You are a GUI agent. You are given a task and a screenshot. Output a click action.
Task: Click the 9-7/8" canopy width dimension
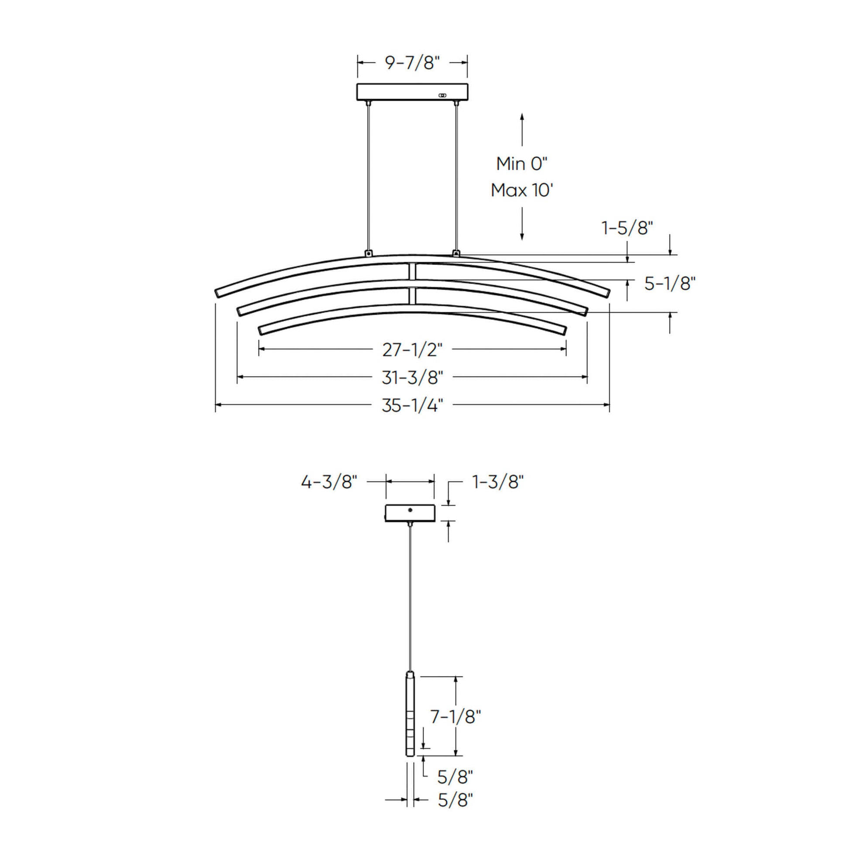coord(412,63)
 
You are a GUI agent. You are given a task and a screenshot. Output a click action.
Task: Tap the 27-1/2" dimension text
coord(412,350)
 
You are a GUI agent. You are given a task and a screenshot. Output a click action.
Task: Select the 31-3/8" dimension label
coord(412,377)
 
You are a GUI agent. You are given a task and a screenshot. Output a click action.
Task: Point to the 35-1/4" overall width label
coord(412,405)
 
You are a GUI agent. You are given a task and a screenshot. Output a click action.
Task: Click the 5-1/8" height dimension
coord(670,284)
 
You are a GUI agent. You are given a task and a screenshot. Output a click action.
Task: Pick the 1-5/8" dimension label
coord(627,228)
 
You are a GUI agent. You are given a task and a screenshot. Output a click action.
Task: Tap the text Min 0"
coord(522,164)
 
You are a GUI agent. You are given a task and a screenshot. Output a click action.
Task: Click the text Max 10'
coord(522,190)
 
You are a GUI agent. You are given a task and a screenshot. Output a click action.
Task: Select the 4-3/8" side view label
coord(329,482)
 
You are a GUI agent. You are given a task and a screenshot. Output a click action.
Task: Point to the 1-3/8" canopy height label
coord(498,482)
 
